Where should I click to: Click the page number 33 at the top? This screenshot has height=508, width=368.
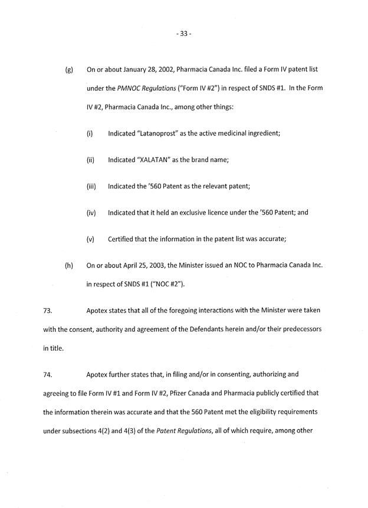tap(183, 34)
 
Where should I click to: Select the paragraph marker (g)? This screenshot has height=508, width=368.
tap(69, 70)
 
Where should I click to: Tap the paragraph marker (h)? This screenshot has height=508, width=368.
tap(69, 266)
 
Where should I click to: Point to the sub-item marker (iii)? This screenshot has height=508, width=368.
tap(91, 187)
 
